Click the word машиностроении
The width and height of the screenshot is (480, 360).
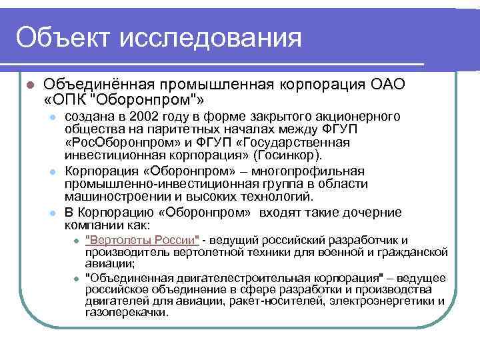point(112,196)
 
